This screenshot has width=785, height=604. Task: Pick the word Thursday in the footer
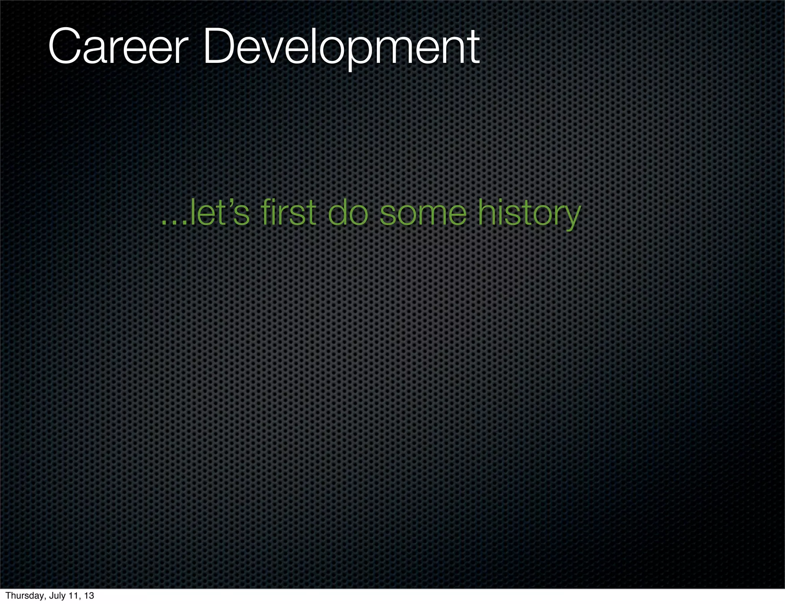point(24,596)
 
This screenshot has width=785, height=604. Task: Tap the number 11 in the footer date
point(74,596)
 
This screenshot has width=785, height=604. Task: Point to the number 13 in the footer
point(89,596)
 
